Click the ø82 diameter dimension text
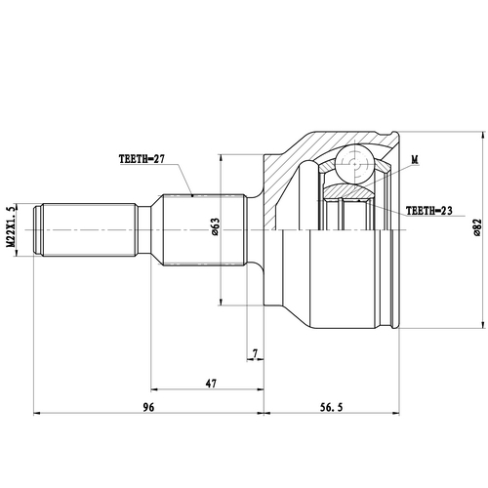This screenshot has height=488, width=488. coord(476,225)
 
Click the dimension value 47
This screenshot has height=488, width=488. coord(210,384)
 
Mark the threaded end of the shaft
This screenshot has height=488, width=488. coord(83,229)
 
